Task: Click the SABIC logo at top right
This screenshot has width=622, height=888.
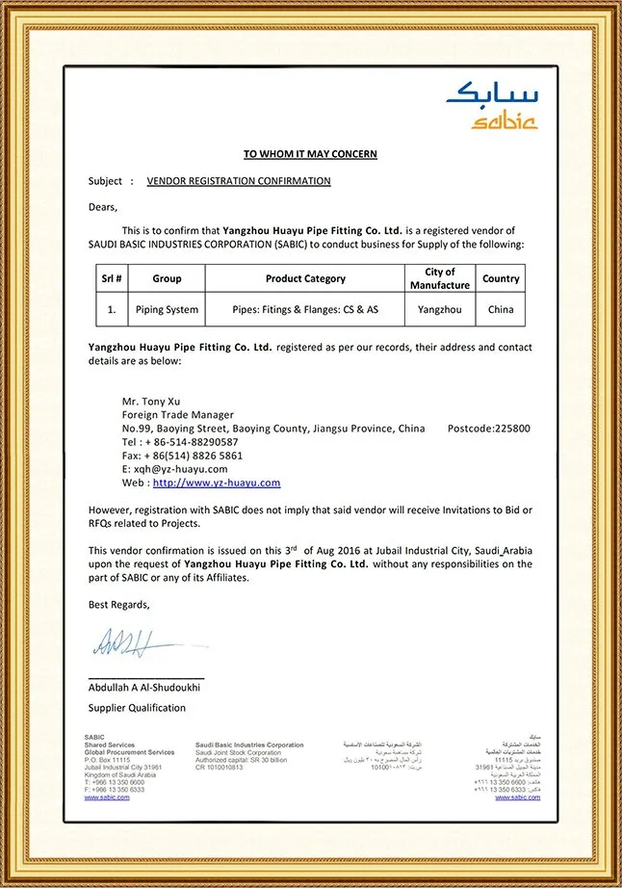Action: pyautogui.click(x=491, y=106)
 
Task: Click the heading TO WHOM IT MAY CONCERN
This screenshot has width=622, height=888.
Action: pyautogui.click(x=310, y=154)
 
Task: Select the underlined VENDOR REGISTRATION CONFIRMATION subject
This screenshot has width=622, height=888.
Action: pyautogui.click(x=239, y=181)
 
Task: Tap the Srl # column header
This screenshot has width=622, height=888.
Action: pyautogui.click(x=112, y=278)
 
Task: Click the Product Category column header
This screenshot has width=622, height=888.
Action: pyautogui.click(x=305, y=278)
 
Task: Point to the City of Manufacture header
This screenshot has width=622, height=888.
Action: pyautogui.click(x=440, y=278)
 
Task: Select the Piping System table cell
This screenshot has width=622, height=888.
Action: pyautogui.click(x=167, y=310)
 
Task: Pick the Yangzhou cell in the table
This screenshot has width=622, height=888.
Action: pyautogui.click(x=440, y=310)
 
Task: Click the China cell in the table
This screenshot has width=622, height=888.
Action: pyautogui.click(x=501, y=310)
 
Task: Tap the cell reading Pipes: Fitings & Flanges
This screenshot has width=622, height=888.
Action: pyautogui.click(x=305, y=310)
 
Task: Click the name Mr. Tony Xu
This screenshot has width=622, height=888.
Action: pyautogui.click(x=151, y=401)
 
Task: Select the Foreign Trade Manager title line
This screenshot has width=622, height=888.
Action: pyautogui.click(x=178, y=414)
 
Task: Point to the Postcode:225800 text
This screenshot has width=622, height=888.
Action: pyautogui.click(x=489, y=428)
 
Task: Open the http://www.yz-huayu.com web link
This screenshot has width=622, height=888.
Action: pyautogui.click(x=217, y=483)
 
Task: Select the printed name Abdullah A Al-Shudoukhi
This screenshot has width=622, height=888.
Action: pyautogui.click(x=144, y=688)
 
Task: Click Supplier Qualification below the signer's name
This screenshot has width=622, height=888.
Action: pyautogui.click(x=138, y=708)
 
